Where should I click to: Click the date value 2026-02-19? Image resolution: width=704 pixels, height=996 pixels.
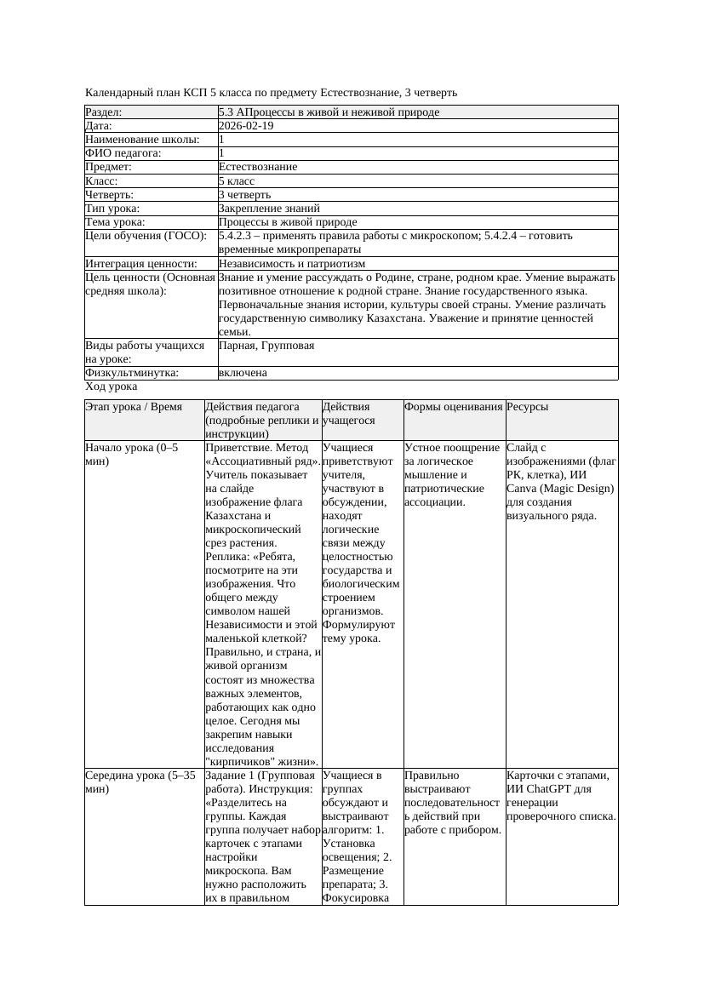(x=246, y=125)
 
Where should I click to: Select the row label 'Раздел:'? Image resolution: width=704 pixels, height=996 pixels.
(x=104, y=112)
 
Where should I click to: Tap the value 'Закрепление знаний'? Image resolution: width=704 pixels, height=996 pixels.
(x=269, y=208)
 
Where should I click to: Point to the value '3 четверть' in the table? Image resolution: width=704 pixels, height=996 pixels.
(x=244, y=194)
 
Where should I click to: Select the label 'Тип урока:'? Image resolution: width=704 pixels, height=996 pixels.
(x=112, y=208)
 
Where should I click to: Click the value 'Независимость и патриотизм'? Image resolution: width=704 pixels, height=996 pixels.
(x=288, y=264)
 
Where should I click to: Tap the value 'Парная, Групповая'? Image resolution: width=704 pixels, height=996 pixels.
(x=266, y=346)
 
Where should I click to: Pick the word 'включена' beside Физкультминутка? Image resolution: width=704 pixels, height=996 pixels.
(x=243, y=373)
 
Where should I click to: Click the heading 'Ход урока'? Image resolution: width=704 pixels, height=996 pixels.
(x=112, y=386)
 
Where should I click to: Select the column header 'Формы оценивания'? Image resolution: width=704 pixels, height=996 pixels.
(x=453, y=407)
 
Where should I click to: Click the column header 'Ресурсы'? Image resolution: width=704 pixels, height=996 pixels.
(x=528, y=407)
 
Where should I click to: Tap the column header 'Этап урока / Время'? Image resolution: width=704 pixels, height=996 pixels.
(x=134, y=407)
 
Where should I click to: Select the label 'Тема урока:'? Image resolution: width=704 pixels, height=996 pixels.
(x=115, y=221)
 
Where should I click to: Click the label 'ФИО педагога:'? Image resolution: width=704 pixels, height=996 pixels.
(x=123, y=153)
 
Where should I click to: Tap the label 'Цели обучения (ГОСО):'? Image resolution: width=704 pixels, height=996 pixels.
(x=146, y=236)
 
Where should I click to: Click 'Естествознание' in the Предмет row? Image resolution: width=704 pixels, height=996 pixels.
(x=258, y=167)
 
